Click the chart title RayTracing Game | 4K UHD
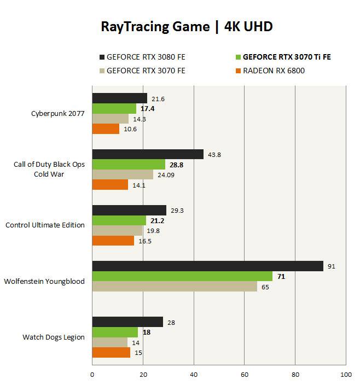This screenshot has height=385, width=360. tap(187, 27)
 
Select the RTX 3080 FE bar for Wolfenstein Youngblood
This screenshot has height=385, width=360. tap(207, 266)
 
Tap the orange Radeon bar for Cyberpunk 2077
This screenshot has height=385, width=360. tap(106, 129)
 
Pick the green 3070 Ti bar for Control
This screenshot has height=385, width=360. tap(119, 220)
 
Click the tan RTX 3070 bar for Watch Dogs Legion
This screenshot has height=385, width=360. tap(109, 342)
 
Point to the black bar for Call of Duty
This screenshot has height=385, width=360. tap(148, 155)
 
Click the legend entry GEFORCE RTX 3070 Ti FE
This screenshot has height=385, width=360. tap(287, 56)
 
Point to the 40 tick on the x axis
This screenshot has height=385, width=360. tap(194, 375)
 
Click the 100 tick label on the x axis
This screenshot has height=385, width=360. tap(345, 375)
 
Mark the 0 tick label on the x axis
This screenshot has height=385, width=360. tap(92, 375)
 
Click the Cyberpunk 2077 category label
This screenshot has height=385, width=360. tap(57, 114)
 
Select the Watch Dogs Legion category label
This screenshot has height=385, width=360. tap(54, 337)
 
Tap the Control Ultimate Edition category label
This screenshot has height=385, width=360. tap(45, 225)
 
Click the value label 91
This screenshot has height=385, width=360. tap(331, 266)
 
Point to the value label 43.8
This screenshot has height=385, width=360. tap(214, 155)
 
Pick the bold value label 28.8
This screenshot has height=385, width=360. tap(176, 165)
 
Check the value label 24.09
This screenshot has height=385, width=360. tap(166, 175)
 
